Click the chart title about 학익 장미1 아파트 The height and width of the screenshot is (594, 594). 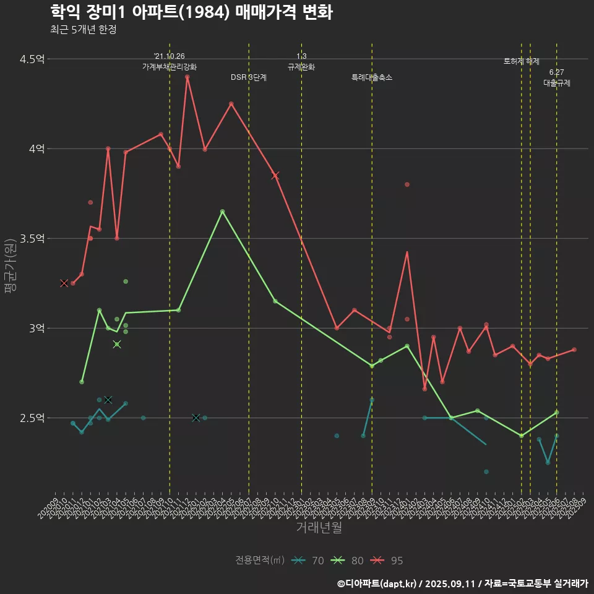click(191, 12)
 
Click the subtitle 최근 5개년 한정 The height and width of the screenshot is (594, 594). click(83, 29)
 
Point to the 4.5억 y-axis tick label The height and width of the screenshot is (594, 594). click(32, 59)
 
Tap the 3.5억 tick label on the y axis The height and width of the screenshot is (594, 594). click(32, 239)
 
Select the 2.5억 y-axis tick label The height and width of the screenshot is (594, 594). click(32, 418)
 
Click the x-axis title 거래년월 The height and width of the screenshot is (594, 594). click(319, 528)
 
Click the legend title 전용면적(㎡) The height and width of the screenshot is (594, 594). click(260, 561)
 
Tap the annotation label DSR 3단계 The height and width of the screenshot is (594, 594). click(249, 78)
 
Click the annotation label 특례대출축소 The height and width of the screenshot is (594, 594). click(372, 78)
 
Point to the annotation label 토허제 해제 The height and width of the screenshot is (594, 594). click(522, 62)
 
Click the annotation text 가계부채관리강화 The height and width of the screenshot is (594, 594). click(170, 67)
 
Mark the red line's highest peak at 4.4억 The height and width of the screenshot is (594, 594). click(187, 77)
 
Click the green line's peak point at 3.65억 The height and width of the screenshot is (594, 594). click(222, 212)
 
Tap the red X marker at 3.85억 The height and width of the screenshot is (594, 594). click(275, 176)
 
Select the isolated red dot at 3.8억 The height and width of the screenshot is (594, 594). click(407, 184)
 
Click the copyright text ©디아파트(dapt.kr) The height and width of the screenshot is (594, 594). click(378, 583)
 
